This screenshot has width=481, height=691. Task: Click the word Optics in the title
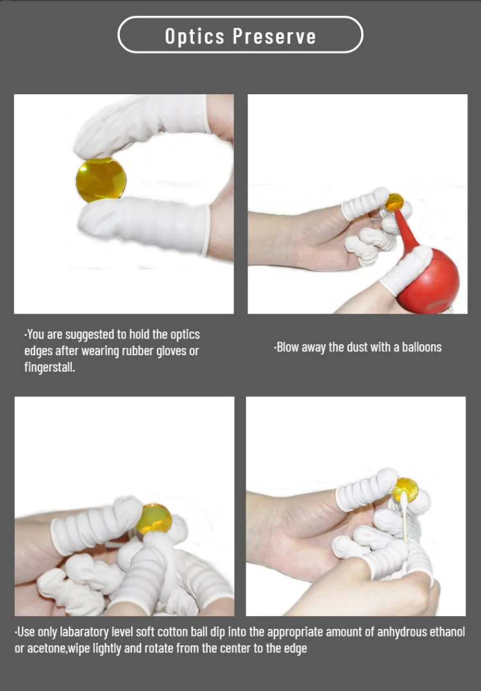(194, 37)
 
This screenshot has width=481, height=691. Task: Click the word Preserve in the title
(274, 36)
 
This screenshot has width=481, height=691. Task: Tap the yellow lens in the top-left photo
(101, 179)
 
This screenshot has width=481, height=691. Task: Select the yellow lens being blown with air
(394, 203)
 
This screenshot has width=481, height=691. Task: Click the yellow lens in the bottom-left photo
(155, 519)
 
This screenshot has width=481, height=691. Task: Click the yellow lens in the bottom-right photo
(405, 490)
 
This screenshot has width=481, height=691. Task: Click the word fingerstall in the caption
(49, 367)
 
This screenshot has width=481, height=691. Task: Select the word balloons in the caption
(421, 347)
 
